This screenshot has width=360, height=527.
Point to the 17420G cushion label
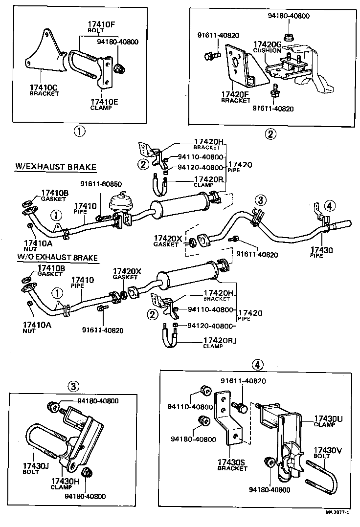point(267,46)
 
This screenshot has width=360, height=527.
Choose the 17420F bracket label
point(235,96)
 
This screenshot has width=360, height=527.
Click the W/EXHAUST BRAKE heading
point(55,167)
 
